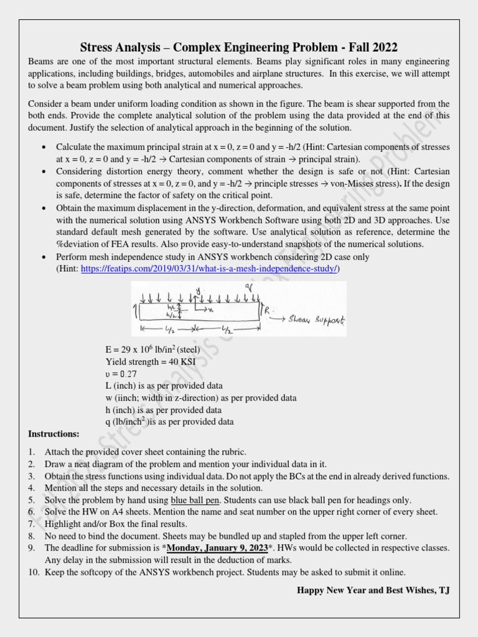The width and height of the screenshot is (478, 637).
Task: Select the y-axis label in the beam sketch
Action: (x=197, y=291)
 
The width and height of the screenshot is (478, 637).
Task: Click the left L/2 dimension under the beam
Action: (x=171, y=327)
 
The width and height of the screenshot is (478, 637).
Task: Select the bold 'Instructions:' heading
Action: (x=54, y=433)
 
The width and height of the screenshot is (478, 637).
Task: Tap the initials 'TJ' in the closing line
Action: (x=444, y=589)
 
